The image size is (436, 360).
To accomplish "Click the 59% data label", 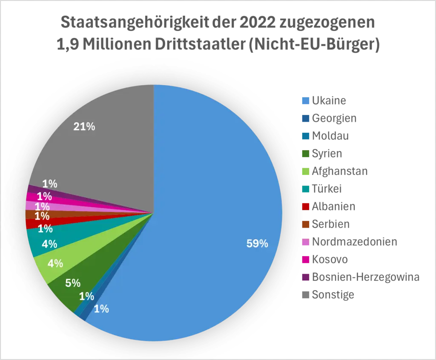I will [x=257, y=244].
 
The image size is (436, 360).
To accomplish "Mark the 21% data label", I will [x=84, y=126].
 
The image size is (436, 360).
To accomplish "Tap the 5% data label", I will [x=73, y=283].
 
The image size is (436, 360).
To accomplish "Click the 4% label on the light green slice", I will [x=55, y=263].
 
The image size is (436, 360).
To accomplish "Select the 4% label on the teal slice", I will [x=49, y=244].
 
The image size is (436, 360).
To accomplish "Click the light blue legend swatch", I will [x=305, y=100].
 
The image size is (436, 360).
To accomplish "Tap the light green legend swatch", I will [x=305, y=171].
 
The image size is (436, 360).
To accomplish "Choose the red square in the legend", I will [x=305, y=206].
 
